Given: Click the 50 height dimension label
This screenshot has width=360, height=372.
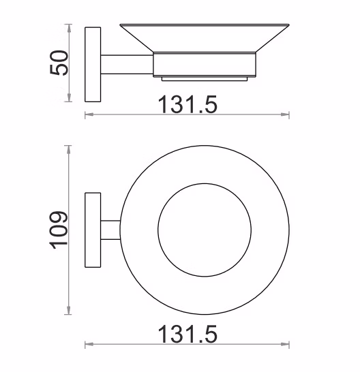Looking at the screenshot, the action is pos(59,63).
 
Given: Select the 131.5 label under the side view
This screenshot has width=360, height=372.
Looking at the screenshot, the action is pos(187,104).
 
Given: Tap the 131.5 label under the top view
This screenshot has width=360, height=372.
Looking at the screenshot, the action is pos(187,334).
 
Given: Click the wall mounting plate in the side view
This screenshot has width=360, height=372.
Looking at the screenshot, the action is pos(93,65).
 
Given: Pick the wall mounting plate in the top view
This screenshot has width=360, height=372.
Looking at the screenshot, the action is pos(93,230).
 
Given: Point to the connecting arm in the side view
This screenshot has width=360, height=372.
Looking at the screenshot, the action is pos(127,65).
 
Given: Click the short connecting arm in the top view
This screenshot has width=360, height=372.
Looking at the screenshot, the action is pos(110,230).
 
